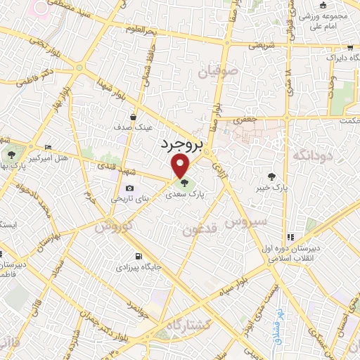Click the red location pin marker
[x=181, y=165]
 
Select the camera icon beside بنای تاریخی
[x=130, y=188]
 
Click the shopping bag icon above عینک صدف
[x=133, y=117]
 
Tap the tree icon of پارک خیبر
[x=272, y=175]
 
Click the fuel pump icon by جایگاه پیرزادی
[x=138, y=257]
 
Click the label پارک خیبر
[x=273, y=188]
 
